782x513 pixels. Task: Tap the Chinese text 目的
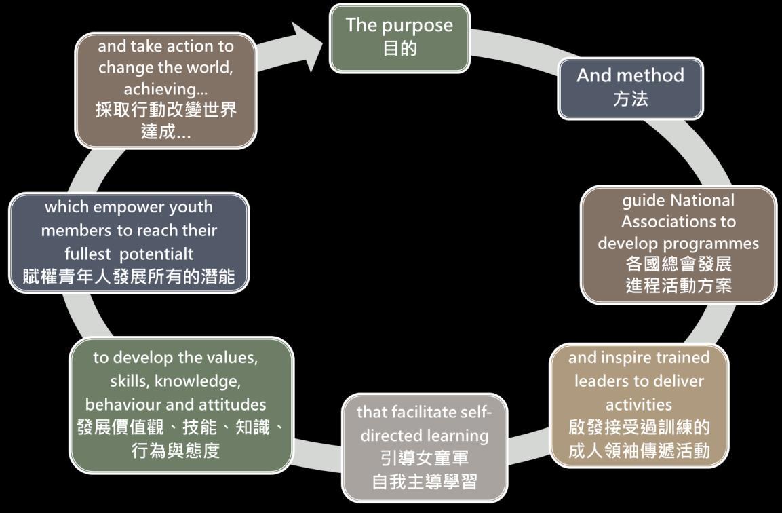pyautogui.click(x=399, y=49)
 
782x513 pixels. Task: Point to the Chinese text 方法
pyautogui.click(x=630, y=99)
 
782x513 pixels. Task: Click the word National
pyautogui.click(x=702, y=200)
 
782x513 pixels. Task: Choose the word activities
pyautogui.click(x=638, y=404)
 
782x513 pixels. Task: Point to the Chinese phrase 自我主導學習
pyautogui.click(x=424, y=482)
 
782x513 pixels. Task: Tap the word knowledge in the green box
pyautogui.click(x=207, y=381)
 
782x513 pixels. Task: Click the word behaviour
pyautogui.click(x=123, y=404)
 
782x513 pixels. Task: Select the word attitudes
pyautogui.click(x=232, y=404)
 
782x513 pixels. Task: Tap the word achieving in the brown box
pyautogui.click(x=161, y=89)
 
